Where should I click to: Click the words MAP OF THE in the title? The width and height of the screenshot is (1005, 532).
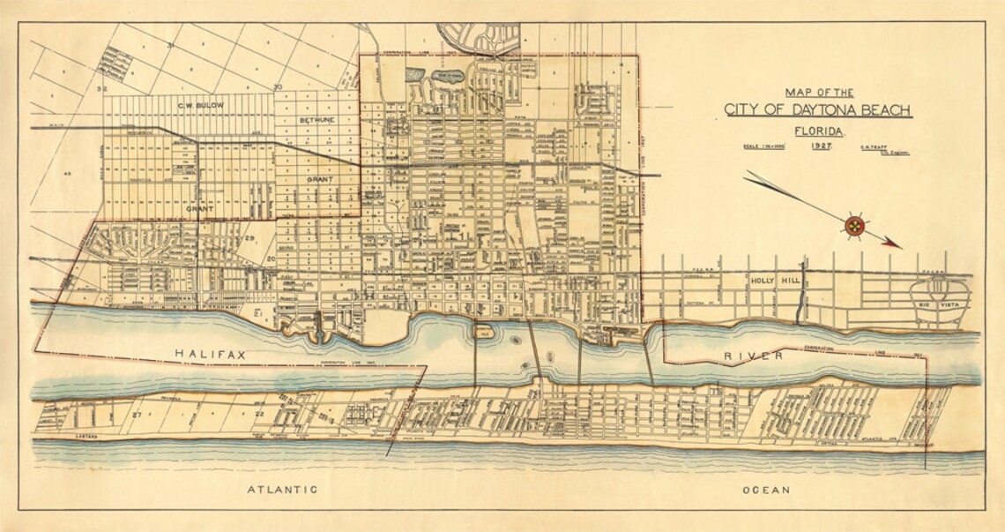point(819,92)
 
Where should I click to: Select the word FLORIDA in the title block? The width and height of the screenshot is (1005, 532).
point(819,131)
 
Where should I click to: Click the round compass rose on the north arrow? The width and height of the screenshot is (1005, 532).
point(854,226)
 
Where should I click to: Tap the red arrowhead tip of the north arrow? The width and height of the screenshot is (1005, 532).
point(899,244)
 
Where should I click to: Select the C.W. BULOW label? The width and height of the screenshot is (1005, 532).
point(200,106)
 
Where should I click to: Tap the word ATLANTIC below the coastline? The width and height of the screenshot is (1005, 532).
point(282,489)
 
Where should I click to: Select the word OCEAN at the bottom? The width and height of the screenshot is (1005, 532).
point(766,489)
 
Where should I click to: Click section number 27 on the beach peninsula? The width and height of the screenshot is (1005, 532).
point(138,413)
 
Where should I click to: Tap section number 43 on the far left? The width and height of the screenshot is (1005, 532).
point(66,174)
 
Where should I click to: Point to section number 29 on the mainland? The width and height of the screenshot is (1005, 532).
point(249,239)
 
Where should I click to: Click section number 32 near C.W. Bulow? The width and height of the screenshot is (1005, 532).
point(102,88)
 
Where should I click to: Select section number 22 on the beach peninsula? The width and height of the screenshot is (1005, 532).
point(260,413)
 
